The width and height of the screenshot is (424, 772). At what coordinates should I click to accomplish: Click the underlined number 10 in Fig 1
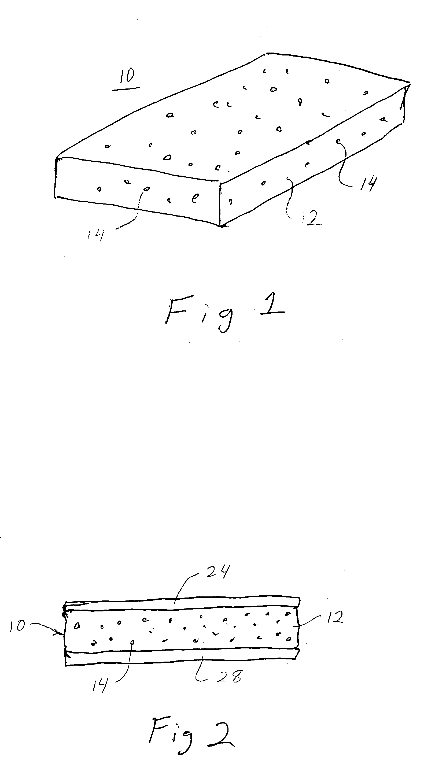tap(127, 76)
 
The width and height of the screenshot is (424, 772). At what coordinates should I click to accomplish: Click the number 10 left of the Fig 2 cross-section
tap(17, 626)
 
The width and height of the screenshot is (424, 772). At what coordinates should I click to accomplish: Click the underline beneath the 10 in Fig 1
tap(126, 89)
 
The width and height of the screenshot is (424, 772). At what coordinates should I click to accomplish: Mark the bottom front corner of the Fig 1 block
tap(221, 226)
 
